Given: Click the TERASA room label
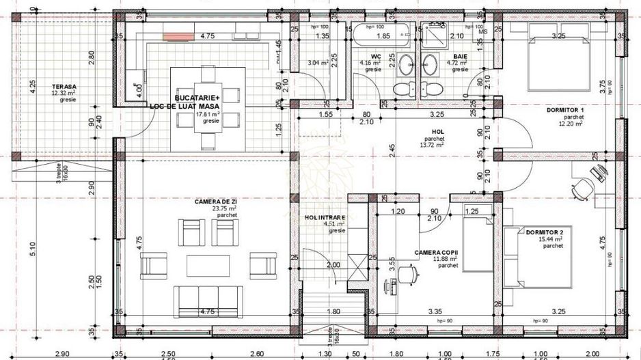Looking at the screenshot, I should (64, 87).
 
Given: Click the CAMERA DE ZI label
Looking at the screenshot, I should (216, 202).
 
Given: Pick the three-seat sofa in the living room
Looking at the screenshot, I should (207, 300).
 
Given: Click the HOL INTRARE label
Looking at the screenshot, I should (325, 217).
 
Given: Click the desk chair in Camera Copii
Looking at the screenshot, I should (409, 273).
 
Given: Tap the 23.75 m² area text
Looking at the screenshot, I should (227, 209).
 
